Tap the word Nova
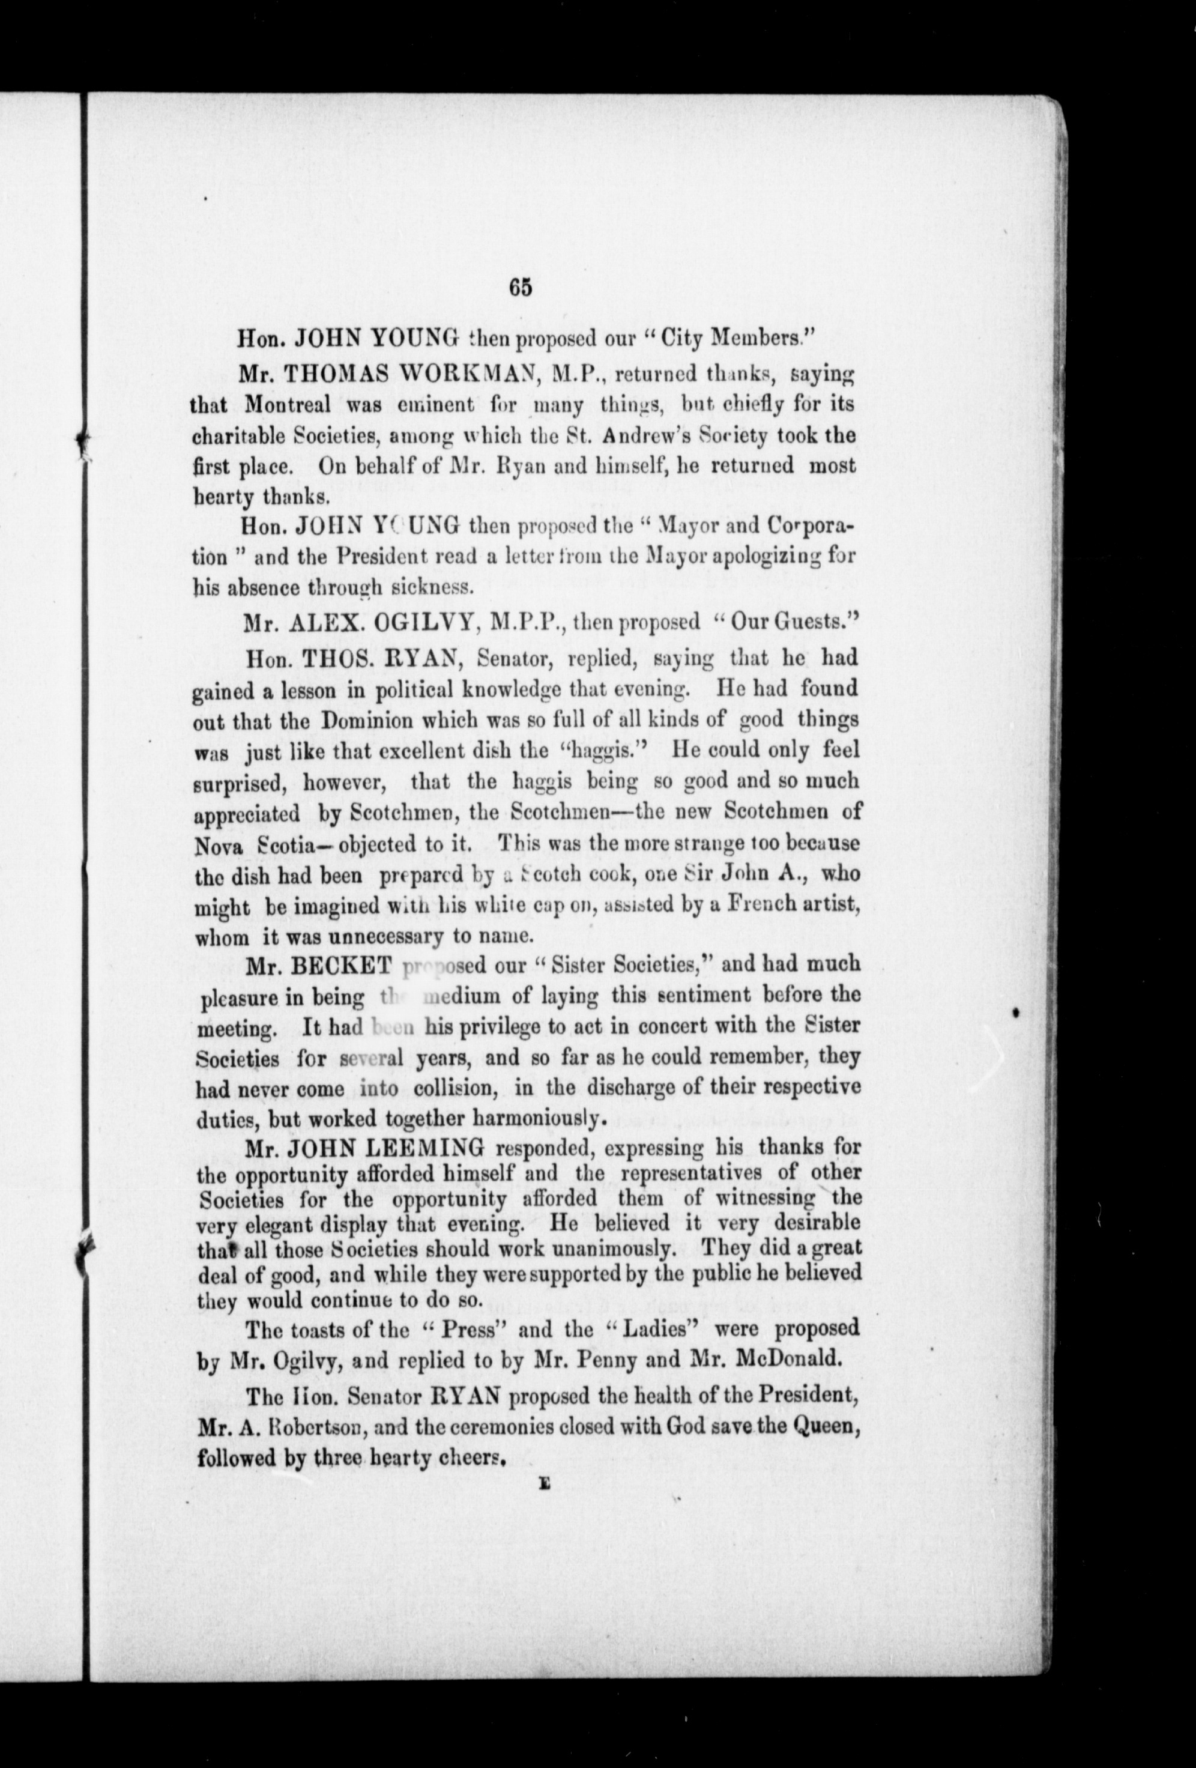tap(220, 844)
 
